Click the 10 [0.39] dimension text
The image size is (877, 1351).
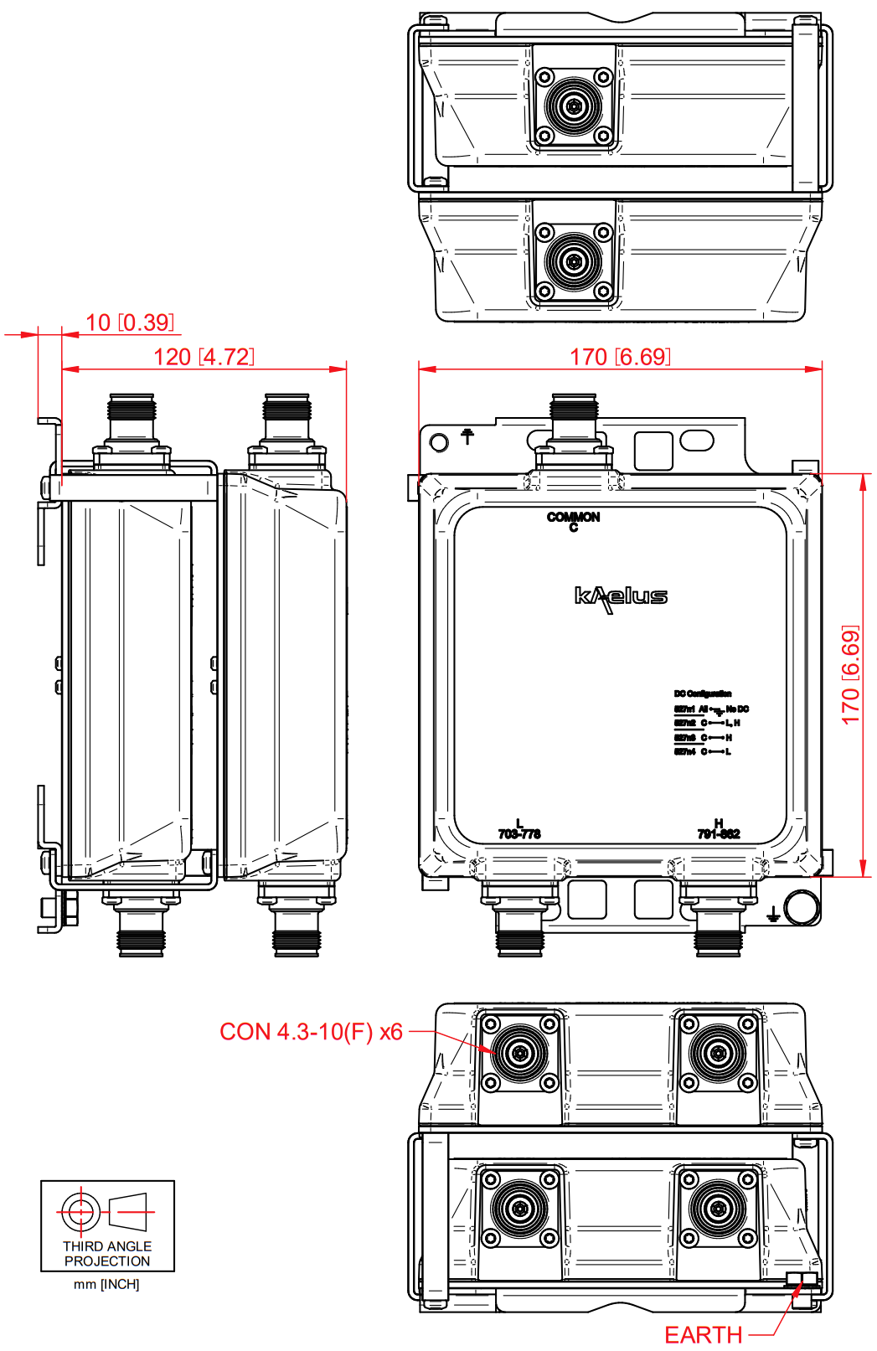[x=130, y=322]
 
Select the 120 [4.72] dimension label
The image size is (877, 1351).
[x=204, y=357]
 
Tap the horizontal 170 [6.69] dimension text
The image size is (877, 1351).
[x=620, y=357]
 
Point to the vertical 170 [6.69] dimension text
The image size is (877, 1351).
[x=850, y=675]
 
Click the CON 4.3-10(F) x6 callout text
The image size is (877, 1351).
[x=311, y=1032]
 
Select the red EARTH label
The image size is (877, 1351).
[x=703, y=1335]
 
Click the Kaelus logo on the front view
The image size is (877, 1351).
[x=621, y=596]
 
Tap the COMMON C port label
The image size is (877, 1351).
[x=574, y=521]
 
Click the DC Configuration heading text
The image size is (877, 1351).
[x=702, y=694]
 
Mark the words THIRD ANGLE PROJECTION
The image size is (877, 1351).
[x=107, y=1254]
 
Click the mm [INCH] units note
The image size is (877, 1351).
[x=106, y=1285]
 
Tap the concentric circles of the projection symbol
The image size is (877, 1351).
[x=80, y=1211]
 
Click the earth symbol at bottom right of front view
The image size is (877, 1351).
[x=773, y=915]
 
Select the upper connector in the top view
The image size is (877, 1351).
[x=574, y=106]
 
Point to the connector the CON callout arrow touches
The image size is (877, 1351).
[x=520, y=1052]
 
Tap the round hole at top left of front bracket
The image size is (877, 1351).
[x=439, y=441]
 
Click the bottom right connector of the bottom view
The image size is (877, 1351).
[x=718, y=1209]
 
